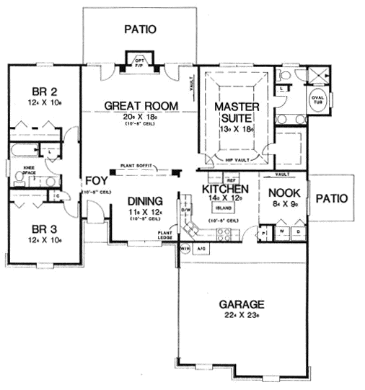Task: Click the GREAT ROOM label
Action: pyautogui.click(x=141, y=106)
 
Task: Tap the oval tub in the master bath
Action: pyautogui.click(x=317, y=102)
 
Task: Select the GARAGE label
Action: pyautogui.click(x=243, y=303)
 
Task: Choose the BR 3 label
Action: pyautogui.click(x=40, y=231)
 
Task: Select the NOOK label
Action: pyautogui.click(x=283, y=192)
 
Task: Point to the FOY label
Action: pyautogui.click(x=95, y=180)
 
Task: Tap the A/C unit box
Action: pyautogui.click(x=201, y=249)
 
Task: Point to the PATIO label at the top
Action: pyautogui.click(x=140, y=30)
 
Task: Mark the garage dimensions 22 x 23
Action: pyautogui.click(x=243, y=315)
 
